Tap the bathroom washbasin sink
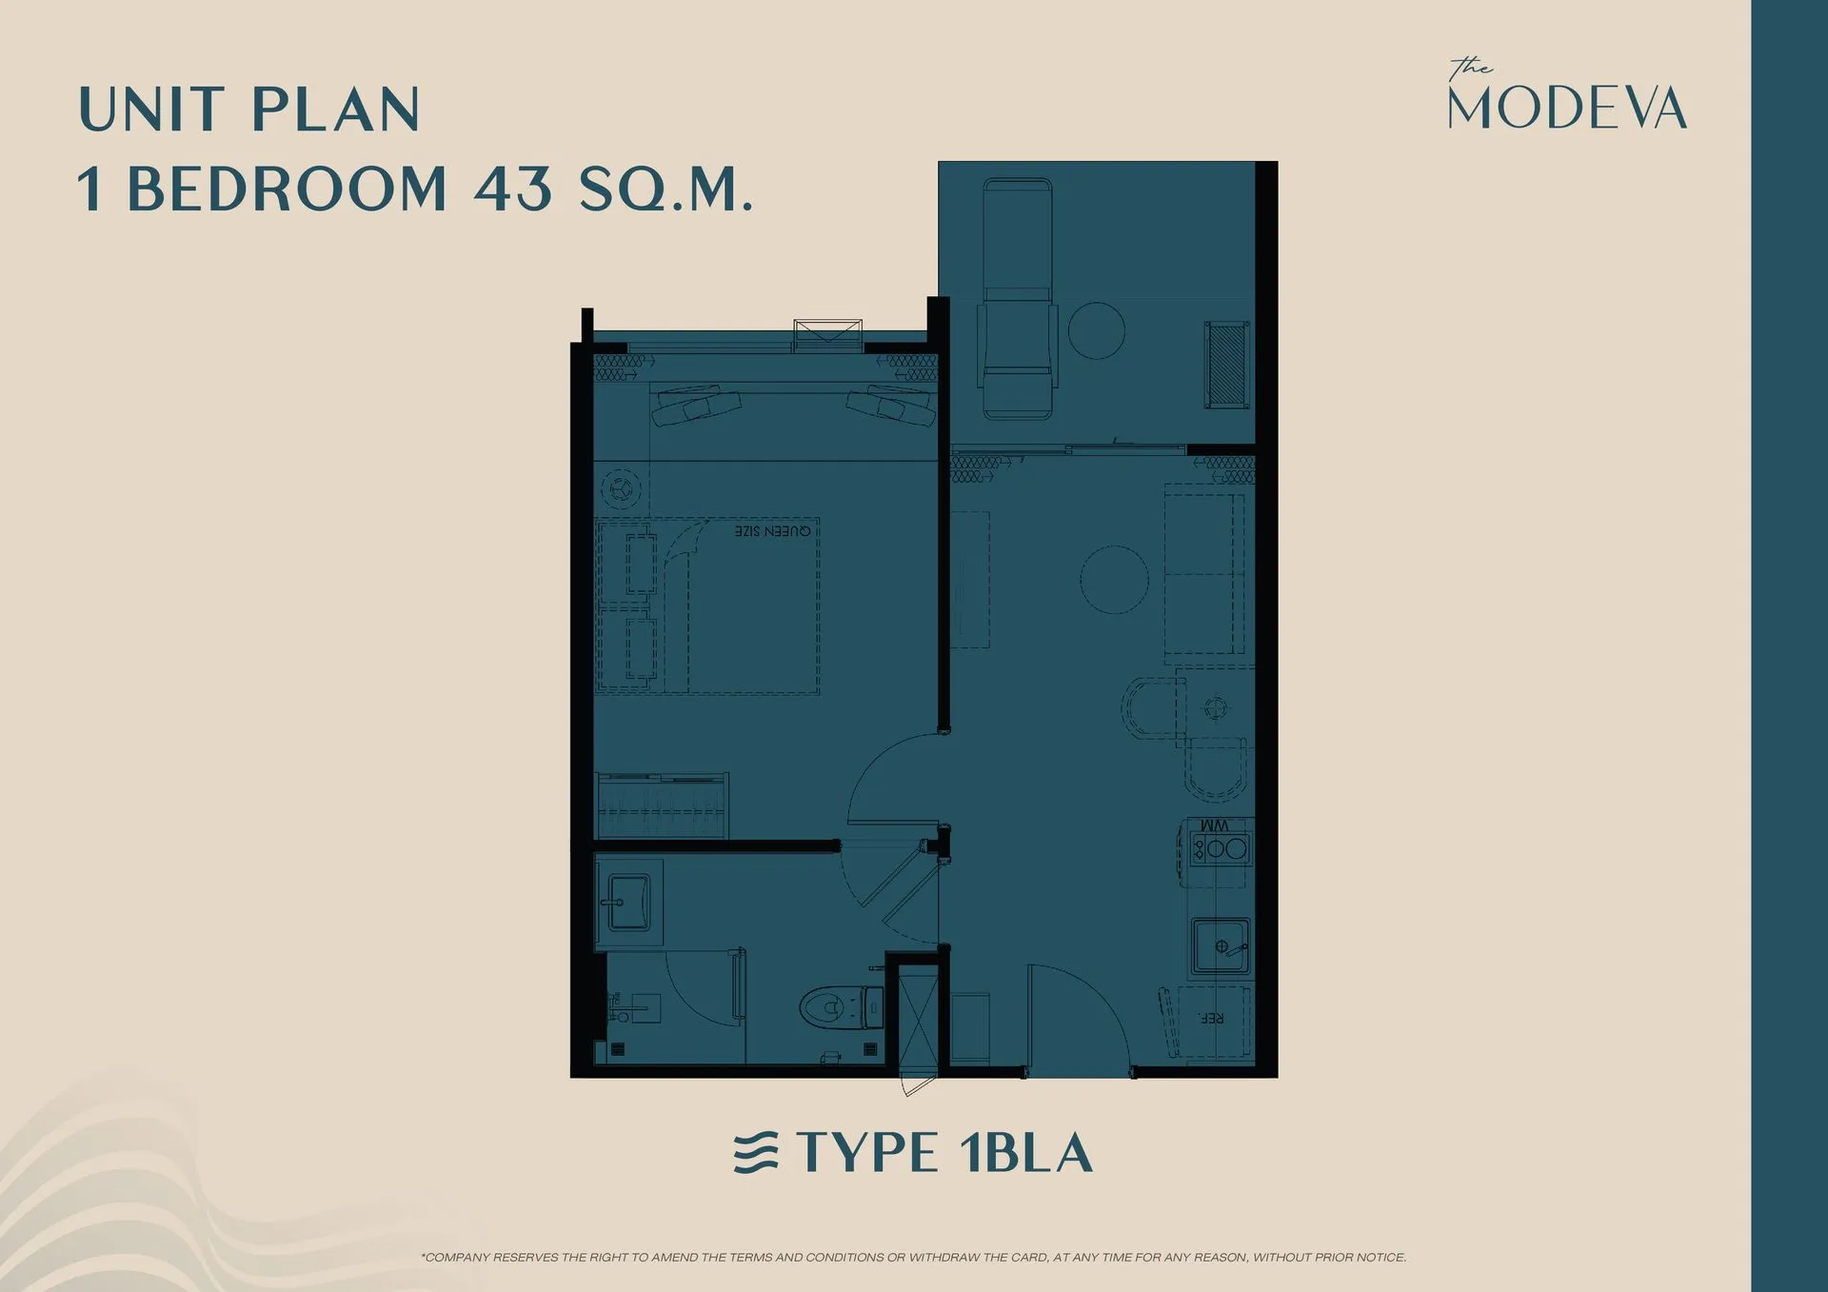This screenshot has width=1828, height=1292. [x=626, y=901]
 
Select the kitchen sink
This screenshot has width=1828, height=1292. [x=1220, y=945]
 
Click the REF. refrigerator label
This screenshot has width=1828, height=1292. [x=1211, y=1018]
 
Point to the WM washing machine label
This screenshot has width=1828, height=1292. [x=1215, y=825]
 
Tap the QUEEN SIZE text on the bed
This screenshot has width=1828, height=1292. [x=773, y=530]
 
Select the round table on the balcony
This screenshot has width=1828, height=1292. [x=1096, y=330]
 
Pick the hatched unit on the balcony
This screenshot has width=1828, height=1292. [x=1226, y=365]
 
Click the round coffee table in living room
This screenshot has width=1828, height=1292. [x=1114, y=579]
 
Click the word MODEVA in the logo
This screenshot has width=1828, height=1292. [x=1567, y=109]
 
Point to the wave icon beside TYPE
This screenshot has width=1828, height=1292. [x=756, y=1153]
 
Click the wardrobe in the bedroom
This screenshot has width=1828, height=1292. [x=662, y=805]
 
